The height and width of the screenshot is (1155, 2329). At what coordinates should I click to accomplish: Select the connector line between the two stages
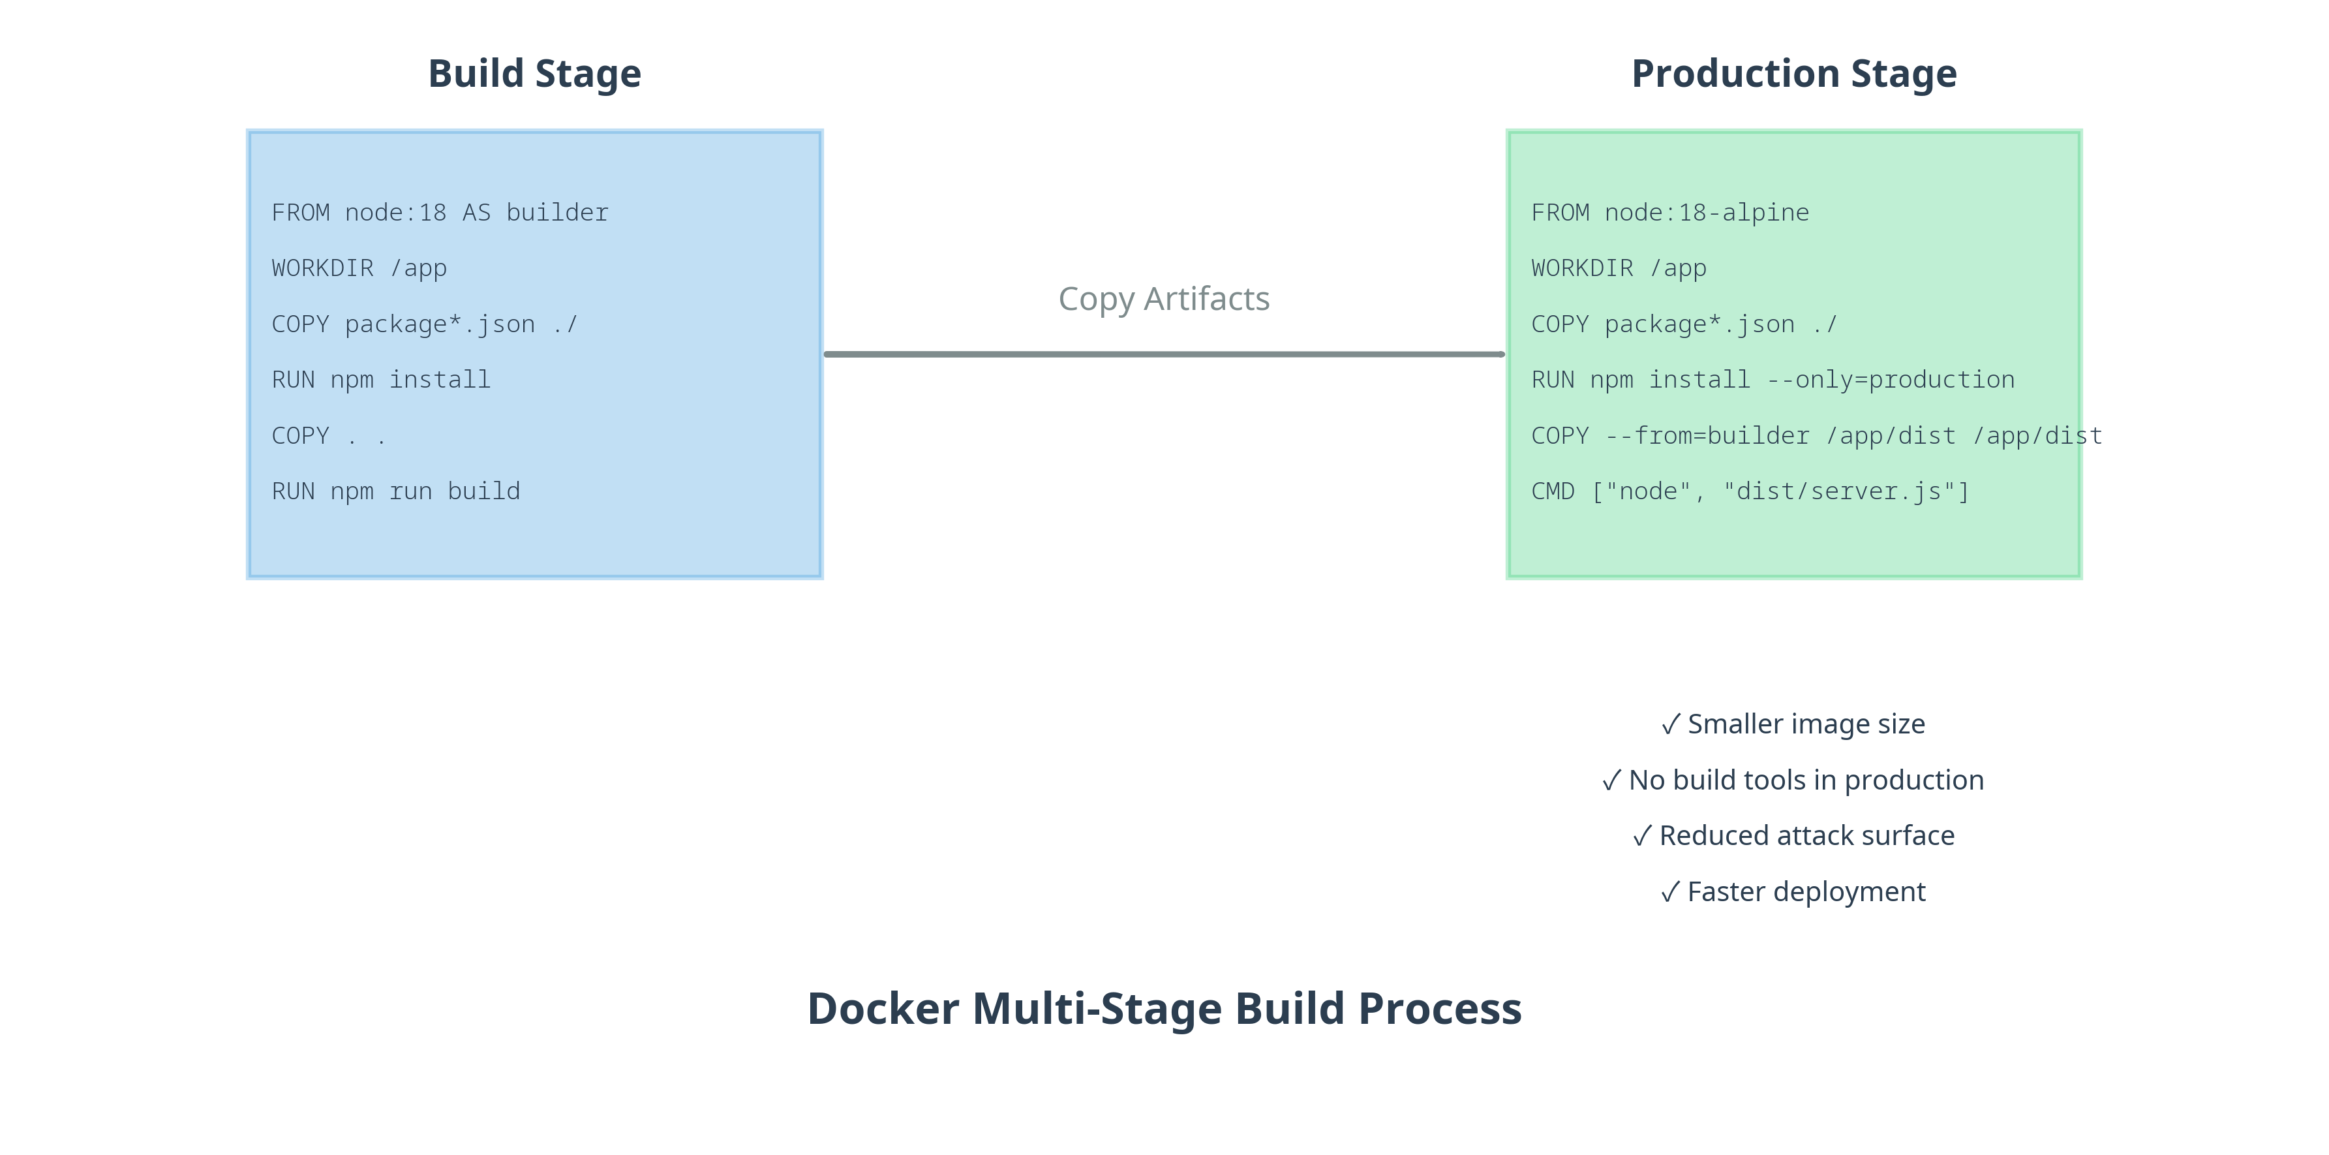(x=1164, y=354)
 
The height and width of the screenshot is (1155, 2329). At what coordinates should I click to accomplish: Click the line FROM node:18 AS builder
(x=440, y=213)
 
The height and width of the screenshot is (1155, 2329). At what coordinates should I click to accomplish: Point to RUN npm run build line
(x=396, y=492)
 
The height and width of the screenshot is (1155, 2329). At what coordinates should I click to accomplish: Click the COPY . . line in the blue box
(x=329, y=437)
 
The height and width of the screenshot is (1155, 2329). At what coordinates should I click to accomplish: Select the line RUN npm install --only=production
(x=1773, y=380)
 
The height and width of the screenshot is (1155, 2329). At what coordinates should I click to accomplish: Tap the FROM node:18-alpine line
(x=1670, y=213)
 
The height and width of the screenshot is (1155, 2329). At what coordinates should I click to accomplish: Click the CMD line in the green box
(x=1750, y=492)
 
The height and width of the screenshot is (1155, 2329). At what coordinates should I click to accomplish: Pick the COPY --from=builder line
(x=1816, y=437)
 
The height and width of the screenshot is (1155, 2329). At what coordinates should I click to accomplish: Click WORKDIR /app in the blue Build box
(x=359, y=269)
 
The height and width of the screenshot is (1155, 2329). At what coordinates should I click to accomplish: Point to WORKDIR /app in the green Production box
(x=1619, y=269)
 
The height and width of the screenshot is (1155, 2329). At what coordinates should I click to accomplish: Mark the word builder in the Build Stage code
(x=558, y=213)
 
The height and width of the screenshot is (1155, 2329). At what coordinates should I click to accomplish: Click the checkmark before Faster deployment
(x=1671, y=893)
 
